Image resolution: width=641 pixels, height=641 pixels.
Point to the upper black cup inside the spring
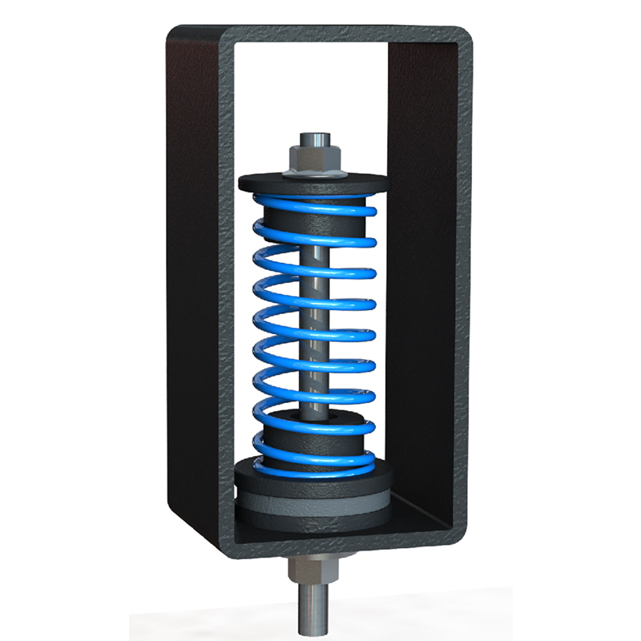[314, 224]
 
